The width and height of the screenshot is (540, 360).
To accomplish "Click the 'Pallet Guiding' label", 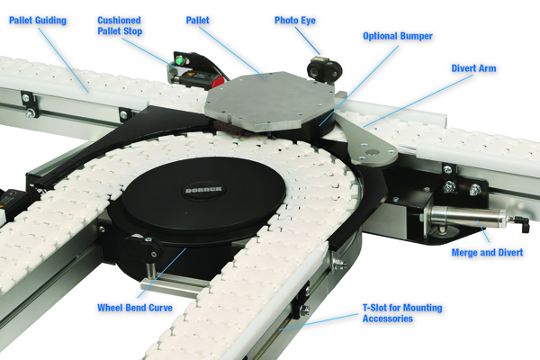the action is pos(38,21).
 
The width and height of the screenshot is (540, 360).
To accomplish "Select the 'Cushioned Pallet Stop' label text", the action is pos(120,25).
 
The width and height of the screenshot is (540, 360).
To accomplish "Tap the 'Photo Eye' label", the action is pos(295,21).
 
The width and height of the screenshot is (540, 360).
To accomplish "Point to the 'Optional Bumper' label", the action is pos(398,36).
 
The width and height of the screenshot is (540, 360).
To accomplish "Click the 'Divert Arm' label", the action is pos(473,68).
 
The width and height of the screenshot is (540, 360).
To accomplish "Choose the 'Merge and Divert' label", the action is pos(487,252).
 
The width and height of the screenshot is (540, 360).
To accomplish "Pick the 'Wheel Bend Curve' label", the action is pos(135,307).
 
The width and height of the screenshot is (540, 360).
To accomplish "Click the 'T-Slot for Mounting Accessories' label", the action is pos(402,313).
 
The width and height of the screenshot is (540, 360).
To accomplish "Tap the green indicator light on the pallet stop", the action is pos(178,61).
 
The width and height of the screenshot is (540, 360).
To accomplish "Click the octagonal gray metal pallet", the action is pos(270,101).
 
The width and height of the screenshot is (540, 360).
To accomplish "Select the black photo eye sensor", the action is pos(324,69).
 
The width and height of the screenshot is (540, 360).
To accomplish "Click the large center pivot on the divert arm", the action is pos(373,151).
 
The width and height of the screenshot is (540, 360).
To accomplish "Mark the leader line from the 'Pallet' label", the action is pos(232,53).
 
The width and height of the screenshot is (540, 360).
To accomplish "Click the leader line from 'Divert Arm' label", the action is pos(418,101).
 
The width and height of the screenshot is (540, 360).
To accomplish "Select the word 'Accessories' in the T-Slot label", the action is pos(387,319).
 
